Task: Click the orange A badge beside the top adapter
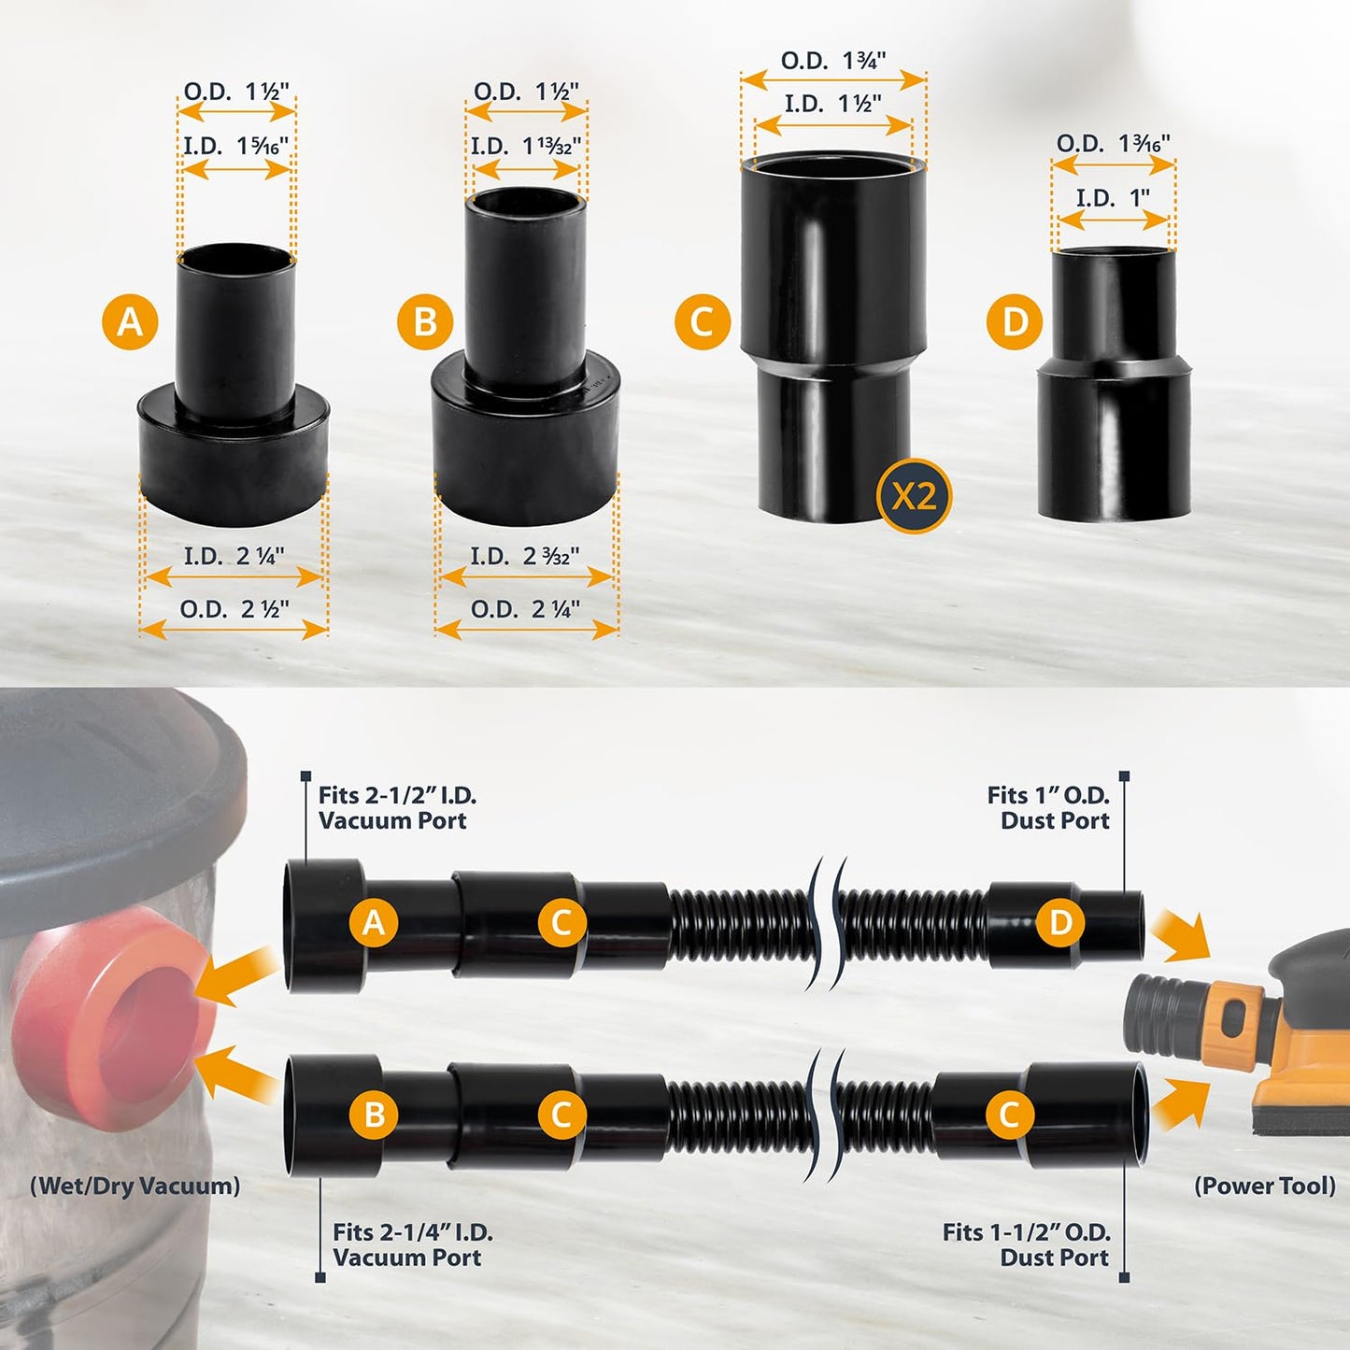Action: pyautogui.click(x=130, y=322)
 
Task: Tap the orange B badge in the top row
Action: pyautogui.click(x=424, y=322)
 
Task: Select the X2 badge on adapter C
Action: pyautogui.click(x=913, y=496)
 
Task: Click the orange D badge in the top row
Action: pyautogui.click(x=1014, y=322)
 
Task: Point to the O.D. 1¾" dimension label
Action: pyautogui.click(x=832, y=62)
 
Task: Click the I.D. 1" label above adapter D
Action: pyautogui.click(x=1112, y=198)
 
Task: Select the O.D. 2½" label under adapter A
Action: pyautogui.click(x=234, y=609)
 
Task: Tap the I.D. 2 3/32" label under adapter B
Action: pyautogui.click(x=524, y=557)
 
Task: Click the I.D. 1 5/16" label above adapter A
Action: pyautogui.click(x=235, y=146)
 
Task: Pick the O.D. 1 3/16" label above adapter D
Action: pyautogui.click(x=1113, y=144)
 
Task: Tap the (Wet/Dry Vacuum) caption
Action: pyautogui.click(x=135, y=1186)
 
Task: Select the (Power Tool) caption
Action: pyautogui.click(x=1265, y=1186)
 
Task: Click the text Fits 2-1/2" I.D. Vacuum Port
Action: pyautogui.click(x=397, y=808)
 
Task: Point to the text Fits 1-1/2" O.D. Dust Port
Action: pyautogui.click(x=1026, y=1244)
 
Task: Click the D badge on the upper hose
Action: pyautogui.click(x=1060, y=923)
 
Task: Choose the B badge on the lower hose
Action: pyautogui.click(x=374, y=1115)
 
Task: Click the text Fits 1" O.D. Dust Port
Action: pyautogui.click(x=1047, y=808)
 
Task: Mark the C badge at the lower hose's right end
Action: pyautogui.click(x=1009, y=1115)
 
